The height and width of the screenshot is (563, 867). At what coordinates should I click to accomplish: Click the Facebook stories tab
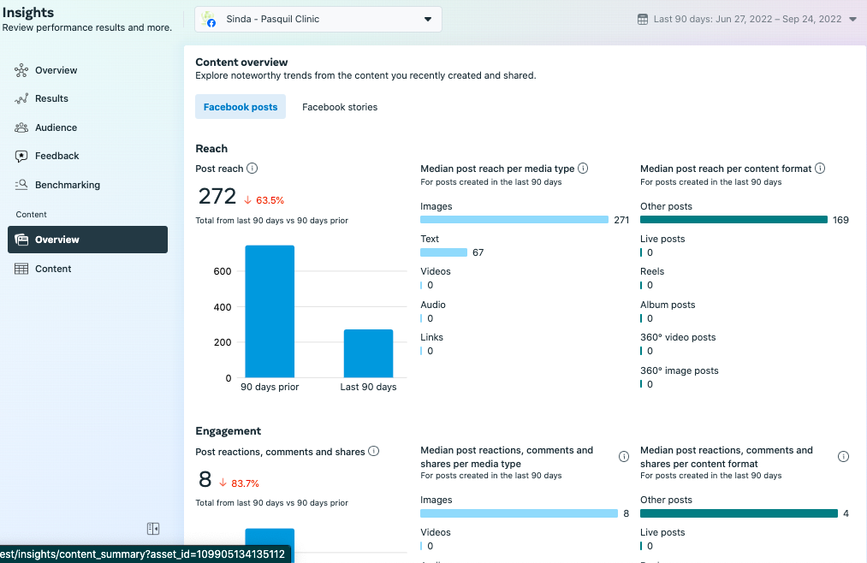(340, 107)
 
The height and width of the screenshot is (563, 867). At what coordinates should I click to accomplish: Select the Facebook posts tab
(241, 107)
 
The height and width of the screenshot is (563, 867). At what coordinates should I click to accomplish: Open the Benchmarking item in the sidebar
(67, 185)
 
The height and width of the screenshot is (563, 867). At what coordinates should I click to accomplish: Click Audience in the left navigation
(56, 127)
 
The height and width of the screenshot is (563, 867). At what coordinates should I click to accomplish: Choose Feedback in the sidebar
(56, 156)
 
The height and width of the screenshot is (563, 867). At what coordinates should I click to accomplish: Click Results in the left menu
(51, 98)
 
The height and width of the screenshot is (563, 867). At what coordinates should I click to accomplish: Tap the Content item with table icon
(53, 269)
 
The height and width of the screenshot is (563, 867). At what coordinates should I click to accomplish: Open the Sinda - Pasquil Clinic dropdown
(318, 19)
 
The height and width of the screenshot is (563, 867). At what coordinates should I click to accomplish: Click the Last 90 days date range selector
(746, 19)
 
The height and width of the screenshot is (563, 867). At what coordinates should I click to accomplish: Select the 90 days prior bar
(270, 311)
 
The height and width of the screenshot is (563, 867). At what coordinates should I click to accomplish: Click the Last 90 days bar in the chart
(368, 353)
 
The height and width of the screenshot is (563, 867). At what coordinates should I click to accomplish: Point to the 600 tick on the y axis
(223, 271)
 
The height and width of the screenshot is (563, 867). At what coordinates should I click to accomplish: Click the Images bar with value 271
(514, 220)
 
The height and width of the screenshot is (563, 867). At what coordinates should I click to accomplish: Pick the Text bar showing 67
(443, 252)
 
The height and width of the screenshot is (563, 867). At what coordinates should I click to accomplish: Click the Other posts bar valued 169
(733, 220)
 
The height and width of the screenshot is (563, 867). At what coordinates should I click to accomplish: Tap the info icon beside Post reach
(252, 169)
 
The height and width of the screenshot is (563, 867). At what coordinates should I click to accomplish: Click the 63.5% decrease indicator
(264, 200)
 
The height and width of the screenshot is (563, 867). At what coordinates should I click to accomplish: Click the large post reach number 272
(217, 197)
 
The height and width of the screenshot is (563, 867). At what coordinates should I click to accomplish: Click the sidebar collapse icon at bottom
(153, 529)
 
